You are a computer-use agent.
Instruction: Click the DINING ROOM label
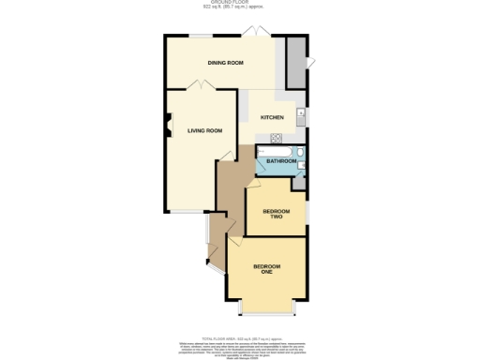coord(226,63)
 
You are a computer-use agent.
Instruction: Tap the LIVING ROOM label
coord(204,130)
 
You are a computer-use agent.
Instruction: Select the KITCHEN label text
coord(272,117)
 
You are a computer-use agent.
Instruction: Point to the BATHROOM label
coord(281,161)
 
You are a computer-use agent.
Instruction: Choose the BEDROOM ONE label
coord(266,271)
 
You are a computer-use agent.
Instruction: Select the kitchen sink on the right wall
coord(300,116)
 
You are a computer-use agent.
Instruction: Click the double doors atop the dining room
coord(253,35)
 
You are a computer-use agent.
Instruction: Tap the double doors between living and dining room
coord(200,86)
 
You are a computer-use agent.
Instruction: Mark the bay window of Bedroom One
coord(267,307)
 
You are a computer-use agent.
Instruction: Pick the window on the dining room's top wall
coord(200,36)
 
